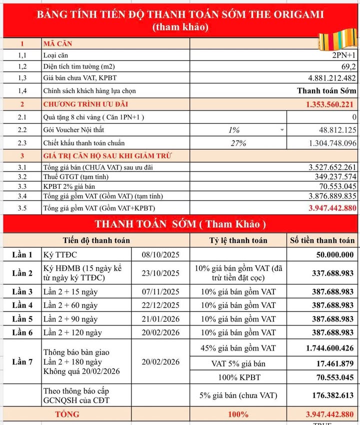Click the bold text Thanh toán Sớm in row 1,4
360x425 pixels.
[x=326, y=91]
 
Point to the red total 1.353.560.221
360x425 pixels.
[x=329, y=104]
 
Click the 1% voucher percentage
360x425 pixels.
[x=233, y=130]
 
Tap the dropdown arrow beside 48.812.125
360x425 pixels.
[x=282, y=130]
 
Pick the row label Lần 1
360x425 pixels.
[x=22, y=254]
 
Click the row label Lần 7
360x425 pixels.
[x=22, y=361]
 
